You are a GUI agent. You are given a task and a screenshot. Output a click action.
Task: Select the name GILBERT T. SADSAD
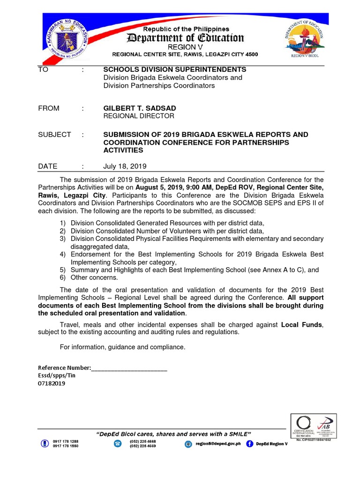pyautogui.click(x=140, y=108)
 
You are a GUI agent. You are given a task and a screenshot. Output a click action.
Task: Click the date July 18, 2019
pyautogui.click(x=125, y=166)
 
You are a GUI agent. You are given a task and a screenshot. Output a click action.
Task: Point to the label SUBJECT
pyautogui.click(x=54, y=135)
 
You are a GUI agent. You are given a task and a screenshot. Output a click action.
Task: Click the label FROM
pyautogui.click(x=49, y=108)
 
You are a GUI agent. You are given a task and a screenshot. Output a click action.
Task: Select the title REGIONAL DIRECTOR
pyautogui.click(x=138, y=116)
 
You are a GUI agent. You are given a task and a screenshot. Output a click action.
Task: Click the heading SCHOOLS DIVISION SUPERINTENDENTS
pyautogui.click(x=174, y=69)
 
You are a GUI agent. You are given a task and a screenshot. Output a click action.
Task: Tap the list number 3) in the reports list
pyautogui.click(x=62, y=239)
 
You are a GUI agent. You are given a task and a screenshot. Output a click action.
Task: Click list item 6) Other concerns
pyautogui.click(x=94, y=277)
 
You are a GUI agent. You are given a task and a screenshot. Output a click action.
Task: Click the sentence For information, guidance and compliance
pyautogui.click(x=123, y=347)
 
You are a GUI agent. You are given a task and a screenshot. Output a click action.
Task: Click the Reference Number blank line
pyautogui.click(x=129, y=368)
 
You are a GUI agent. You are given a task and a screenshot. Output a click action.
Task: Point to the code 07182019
pyautogui.click(x=52, y=383)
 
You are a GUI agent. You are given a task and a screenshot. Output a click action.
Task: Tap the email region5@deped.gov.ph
pyautogui.click(x=218, y=443)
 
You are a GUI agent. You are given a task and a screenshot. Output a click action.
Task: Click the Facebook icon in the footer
pyautogui.click(x=249, y=443)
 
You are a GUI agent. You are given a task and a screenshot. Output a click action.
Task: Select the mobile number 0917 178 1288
pyautogui.click(x=65, y=442)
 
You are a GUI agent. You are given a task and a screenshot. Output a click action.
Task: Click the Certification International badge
pyautogui.click(x=303, y=426)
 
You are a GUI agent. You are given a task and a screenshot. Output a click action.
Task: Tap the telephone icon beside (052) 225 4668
pyautogui.click(x=118, y=443)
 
